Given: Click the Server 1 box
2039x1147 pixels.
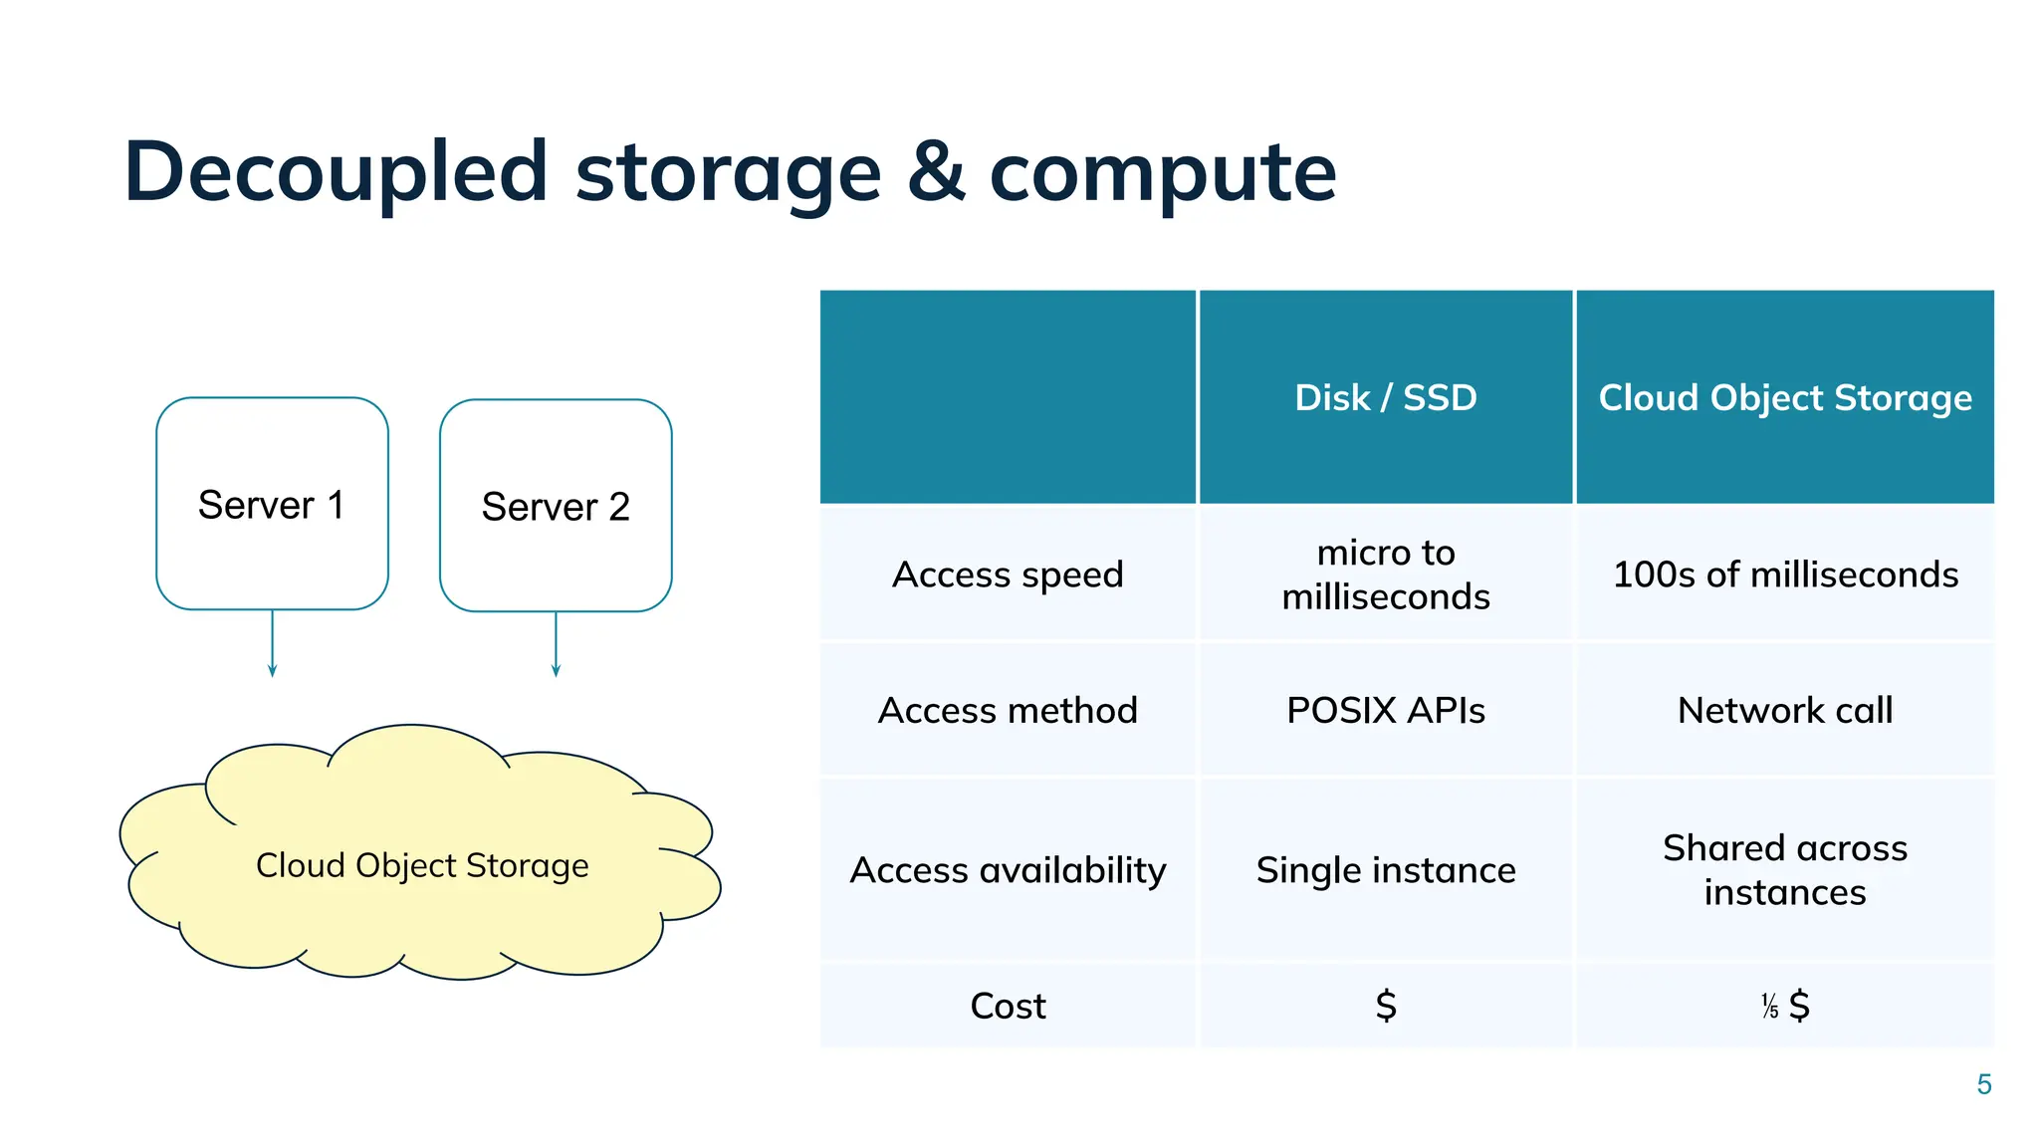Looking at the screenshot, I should tap(272, 504).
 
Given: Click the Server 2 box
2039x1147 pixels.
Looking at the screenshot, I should tap(556, 506).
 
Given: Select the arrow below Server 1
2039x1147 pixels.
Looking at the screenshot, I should tap(272, 644).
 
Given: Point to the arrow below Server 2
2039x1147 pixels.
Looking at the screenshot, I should tap(556, 644).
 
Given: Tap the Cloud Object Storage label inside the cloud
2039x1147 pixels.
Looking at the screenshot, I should tap(422, 865).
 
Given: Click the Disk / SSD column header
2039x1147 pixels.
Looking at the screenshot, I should tap(1385, 397).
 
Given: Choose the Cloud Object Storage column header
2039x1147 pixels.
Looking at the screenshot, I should tap(1784, 397).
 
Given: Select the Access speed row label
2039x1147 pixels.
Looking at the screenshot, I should tap(1008, 574).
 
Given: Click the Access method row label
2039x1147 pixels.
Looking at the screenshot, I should tap(1008, 710).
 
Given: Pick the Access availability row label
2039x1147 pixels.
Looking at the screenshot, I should tap(1008, 870).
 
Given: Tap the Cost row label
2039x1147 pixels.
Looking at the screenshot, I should tap(1008, 1006).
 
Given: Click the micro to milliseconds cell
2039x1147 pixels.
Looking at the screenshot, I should tap(1385, 574).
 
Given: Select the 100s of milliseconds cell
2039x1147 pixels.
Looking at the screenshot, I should tap(1784, 574).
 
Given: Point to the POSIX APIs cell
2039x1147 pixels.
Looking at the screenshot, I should tap(1385, 710).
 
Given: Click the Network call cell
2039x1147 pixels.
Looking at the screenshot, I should tap(1784, 710).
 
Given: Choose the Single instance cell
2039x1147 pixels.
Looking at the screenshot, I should tap(1385, 870).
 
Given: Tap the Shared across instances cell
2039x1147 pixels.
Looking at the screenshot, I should tap(1784, 870).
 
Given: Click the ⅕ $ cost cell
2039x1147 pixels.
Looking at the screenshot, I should tap(1784, 1006).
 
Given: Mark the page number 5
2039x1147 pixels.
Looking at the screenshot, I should tap(1983, 1084).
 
